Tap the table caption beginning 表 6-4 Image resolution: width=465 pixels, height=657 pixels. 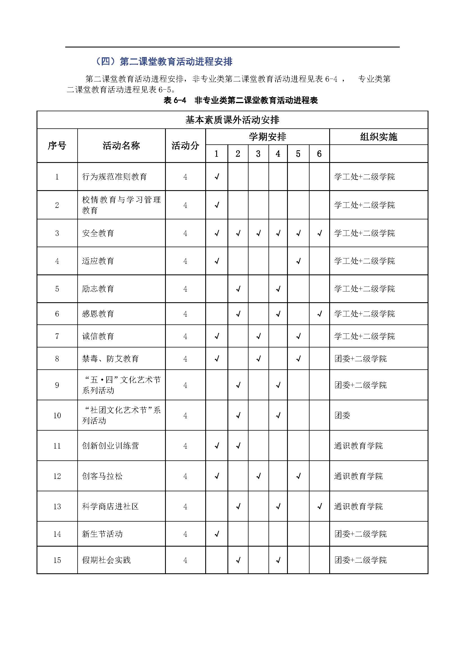[241, 100]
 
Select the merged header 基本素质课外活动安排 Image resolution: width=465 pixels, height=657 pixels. [232, 120]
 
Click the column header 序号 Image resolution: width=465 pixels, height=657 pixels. [57, 146]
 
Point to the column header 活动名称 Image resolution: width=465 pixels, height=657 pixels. [121, 146]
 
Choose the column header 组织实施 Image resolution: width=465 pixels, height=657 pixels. [378, 137]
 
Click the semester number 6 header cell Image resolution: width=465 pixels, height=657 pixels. [319, 154]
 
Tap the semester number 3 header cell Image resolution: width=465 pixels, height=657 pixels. [258, 154]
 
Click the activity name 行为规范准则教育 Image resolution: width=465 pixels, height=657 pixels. [114, 177]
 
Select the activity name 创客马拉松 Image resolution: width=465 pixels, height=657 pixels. [102, 476]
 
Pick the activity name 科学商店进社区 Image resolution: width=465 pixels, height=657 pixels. [110, 506]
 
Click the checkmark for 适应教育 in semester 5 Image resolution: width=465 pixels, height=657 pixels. [298, 261]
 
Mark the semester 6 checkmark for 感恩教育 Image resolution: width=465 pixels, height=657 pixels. [320, 314]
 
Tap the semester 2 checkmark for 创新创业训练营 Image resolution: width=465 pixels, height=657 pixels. [238, 445]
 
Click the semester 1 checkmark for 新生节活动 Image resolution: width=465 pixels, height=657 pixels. [217, 534]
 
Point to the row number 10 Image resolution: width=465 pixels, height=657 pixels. [57, 415]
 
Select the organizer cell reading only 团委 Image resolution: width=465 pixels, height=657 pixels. [342, 415]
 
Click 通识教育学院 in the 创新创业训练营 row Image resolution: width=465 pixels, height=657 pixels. [358, 445]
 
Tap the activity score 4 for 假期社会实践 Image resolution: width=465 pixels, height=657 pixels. [185, 560]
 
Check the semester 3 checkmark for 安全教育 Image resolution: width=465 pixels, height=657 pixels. [258, 233]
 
